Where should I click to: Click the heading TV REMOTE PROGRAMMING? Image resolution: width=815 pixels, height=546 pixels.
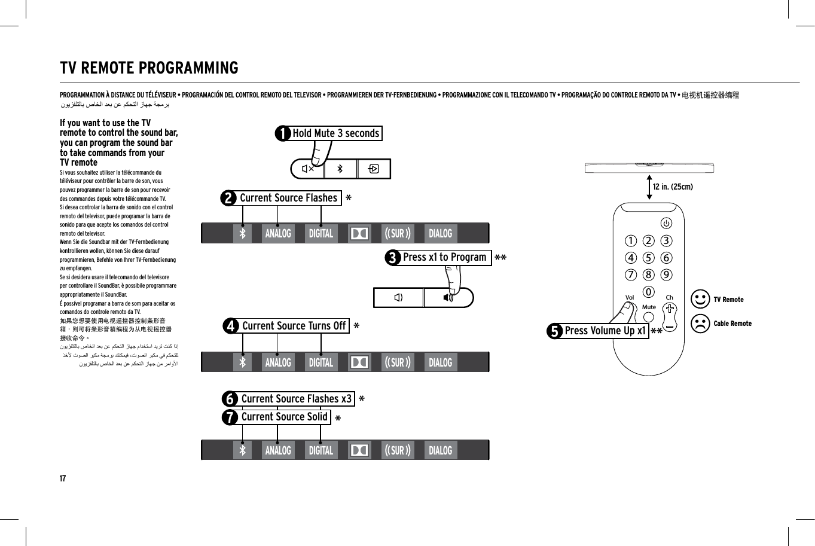point(149,68)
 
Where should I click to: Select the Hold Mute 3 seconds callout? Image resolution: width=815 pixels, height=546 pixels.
point(335,133)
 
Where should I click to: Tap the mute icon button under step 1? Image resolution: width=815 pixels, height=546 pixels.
point(307,169)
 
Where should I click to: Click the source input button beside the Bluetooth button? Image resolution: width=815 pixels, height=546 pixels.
point(374,169)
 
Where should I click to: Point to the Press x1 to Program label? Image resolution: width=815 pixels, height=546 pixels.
point(444,257)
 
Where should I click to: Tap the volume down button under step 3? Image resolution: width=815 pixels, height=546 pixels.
point(398,297)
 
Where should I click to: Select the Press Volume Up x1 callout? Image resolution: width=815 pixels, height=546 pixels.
point(605,331)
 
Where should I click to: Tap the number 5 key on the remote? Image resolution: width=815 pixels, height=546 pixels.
point(649,258)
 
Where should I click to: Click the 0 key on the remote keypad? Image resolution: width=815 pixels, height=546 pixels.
point(649,292)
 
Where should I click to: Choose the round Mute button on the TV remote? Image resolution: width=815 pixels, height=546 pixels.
point(649,318)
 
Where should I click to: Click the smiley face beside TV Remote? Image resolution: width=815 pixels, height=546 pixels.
point(700,300)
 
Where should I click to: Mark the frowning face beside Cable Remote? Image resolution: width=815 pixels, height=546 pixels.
point(700,324)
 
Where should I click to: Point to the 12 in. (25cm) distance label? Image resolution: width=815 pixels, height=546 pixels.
point(673,187)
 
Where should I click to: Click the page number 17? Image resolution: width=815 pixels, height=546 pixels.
point(63,478)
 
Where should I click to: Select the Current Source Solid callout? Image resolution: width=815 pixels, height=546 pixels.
point(284,417)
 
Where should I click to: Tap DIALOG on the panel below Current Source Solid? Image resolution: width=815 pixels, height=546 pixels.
point(441,450)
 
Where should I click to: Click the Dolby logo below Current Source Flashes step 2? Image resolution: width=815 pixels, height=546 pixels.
point(359,233)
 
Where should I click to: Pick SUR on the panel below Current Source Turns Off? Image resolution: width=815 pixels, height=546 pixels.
point(398,362)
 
